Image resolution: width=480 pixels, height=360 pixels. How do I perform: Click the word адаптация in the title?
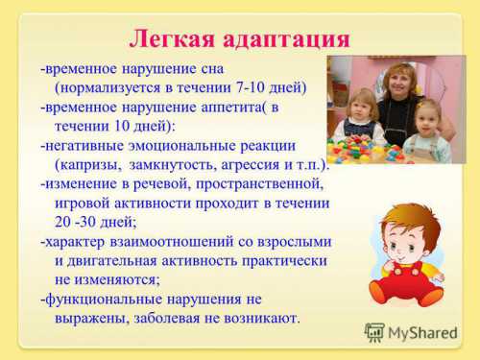coord(285,39)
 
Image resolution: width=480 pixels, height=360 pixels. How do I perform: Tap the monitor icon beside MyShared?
coord(374,333)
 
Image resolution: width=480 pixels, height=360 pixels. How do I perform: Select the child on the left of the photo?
coord(364,115)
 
